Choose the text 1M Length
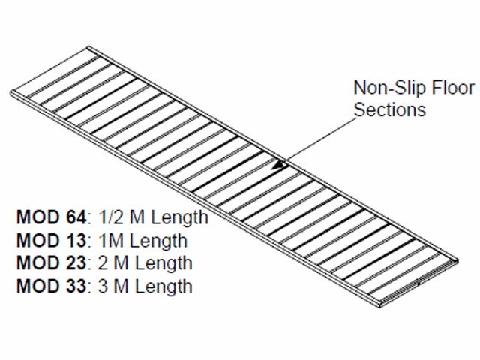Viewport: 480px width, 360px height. pos(142,241)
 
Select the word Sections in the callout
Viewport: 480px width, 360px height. pos(389,109)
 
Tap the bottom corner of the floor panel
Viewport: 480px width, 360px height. pos(376,304)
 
